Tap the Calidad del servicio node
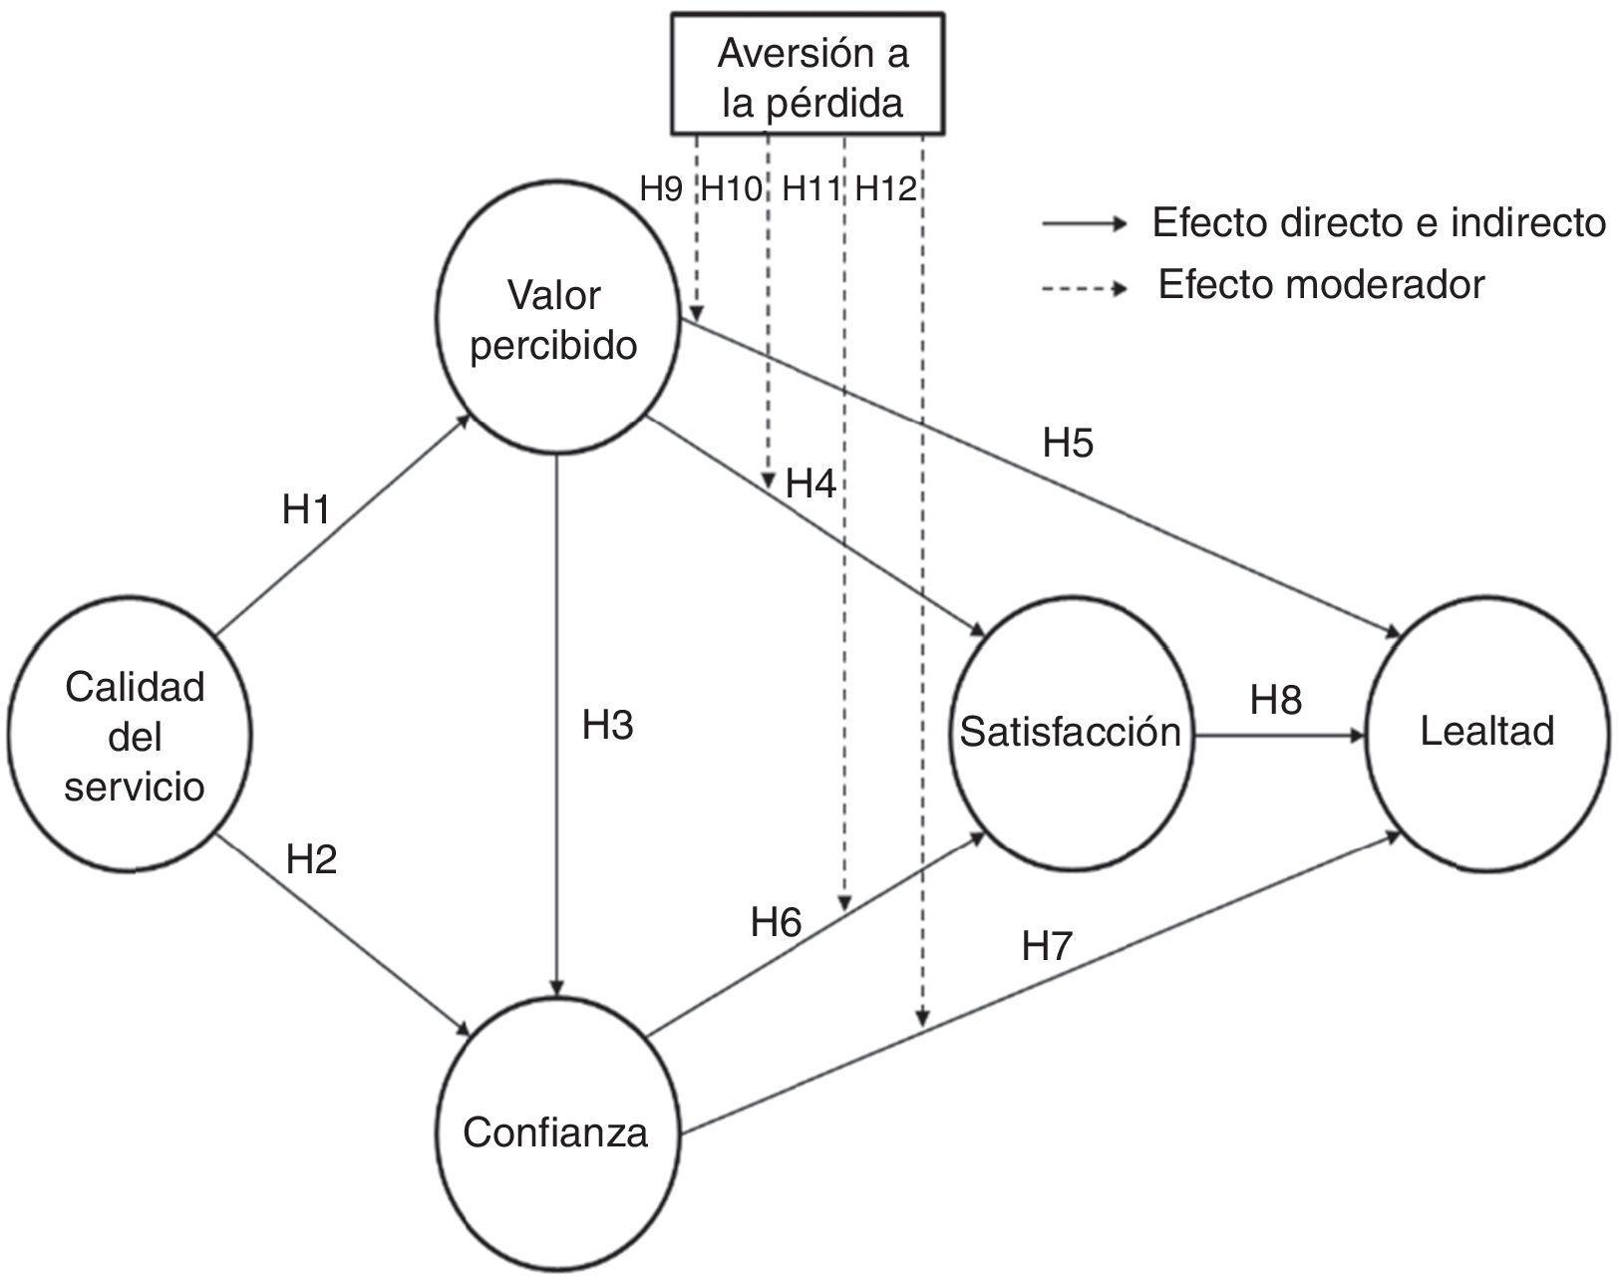pyautogui.click(x=131, y=737)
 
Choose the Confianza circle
pyautogui.click(x=554, y=1132)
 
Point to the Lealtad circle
pyautogui.click(x=1486, y=733)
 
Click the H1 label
pyautogui.click(x=305, y=511)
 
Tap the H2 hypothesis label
pyautogui.click(x=311, y=859)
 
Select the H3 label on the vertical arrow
pyautogui.click(x=607, y=727)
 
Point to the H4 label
pyautogui.click(x=810, y=484)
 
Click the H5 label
pyautogui.click(x=1068, y=443)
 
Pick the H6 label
pyautogui.click(x=776, y=923)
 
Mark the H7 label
pyautogui.click(x=1046, y=946)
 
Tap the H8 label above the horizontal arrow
pyautogui.click(x=1276, y=700)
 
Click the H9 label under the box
pyautogui.click(x=661, y=188)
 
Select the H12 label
pyautogui.click(x=886, y=188)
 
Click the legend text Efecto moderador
pyautogui.click(x=1320, y=286)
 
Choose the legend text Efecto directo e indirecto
pyautogui.click(x=1379, y=222)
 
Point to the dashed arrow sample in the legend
pyautogui.click(x=1084, y=289)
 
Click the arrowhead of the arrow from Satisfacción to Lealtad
pyautogui.click(x=1357, y=737)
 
